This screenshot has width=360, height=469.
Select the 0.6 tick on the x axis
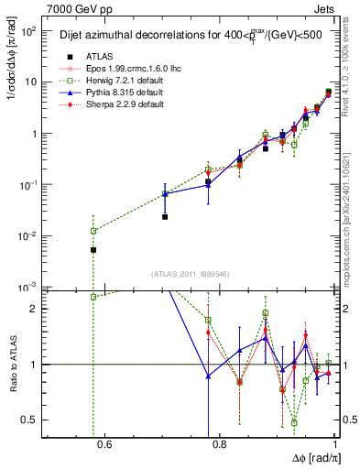click(x=104, y=446)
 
